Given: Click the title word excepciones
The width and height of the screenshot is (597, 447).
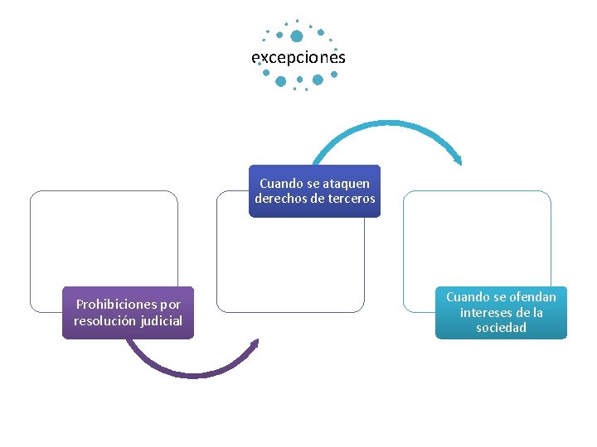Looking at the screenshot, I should (298, 58).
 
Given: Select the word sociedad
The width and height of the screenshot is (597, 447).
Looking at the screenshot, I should (501, 328).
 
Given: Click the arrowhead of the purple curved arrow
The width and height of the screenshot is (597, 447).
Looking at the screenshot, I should (255, 343).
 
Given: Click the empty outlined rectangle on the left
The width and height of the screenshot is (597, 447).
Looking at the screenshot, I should (104, 240).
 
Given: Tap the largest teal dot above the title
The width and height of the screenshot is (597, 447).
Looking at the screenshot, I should (297, 36).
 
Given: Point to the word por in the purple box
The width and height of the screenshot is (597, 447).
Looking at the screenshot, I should (169, 305).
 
